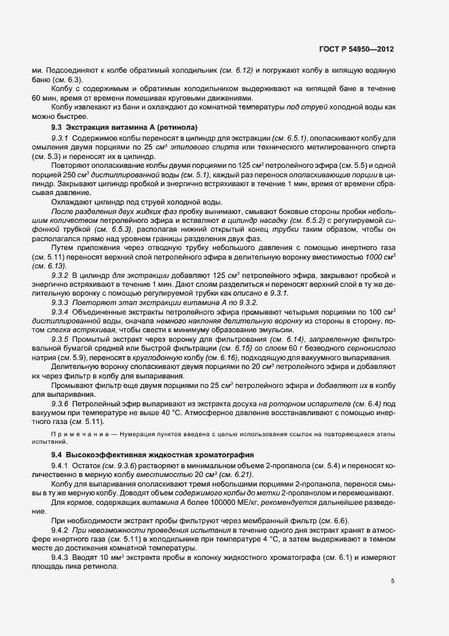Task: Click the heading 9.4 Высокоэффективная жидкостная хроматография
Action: coord(143,454)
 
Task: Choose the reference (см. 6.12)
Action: coord(238,71)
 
